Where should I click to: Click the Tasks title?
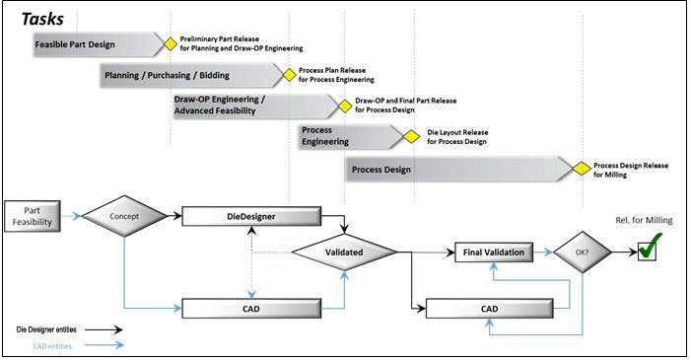(42, 17)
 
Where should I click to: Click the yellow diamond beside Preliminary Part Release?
(170, 43)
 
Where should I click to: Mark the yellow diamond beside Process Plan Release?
(289, 74)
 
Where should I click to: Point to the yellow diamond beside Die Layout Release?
(417, 136)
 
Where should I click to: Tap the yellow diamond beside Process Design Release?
(584, 170)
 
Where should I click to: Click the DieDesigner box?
(253, 216)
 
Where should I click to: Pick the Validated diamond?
(344, 252)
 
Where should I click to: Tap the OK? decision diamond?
(582, 252)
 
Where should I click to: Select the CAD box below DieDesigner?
(253, 309)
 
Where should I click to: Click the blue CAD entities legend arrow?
(104, 346)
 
